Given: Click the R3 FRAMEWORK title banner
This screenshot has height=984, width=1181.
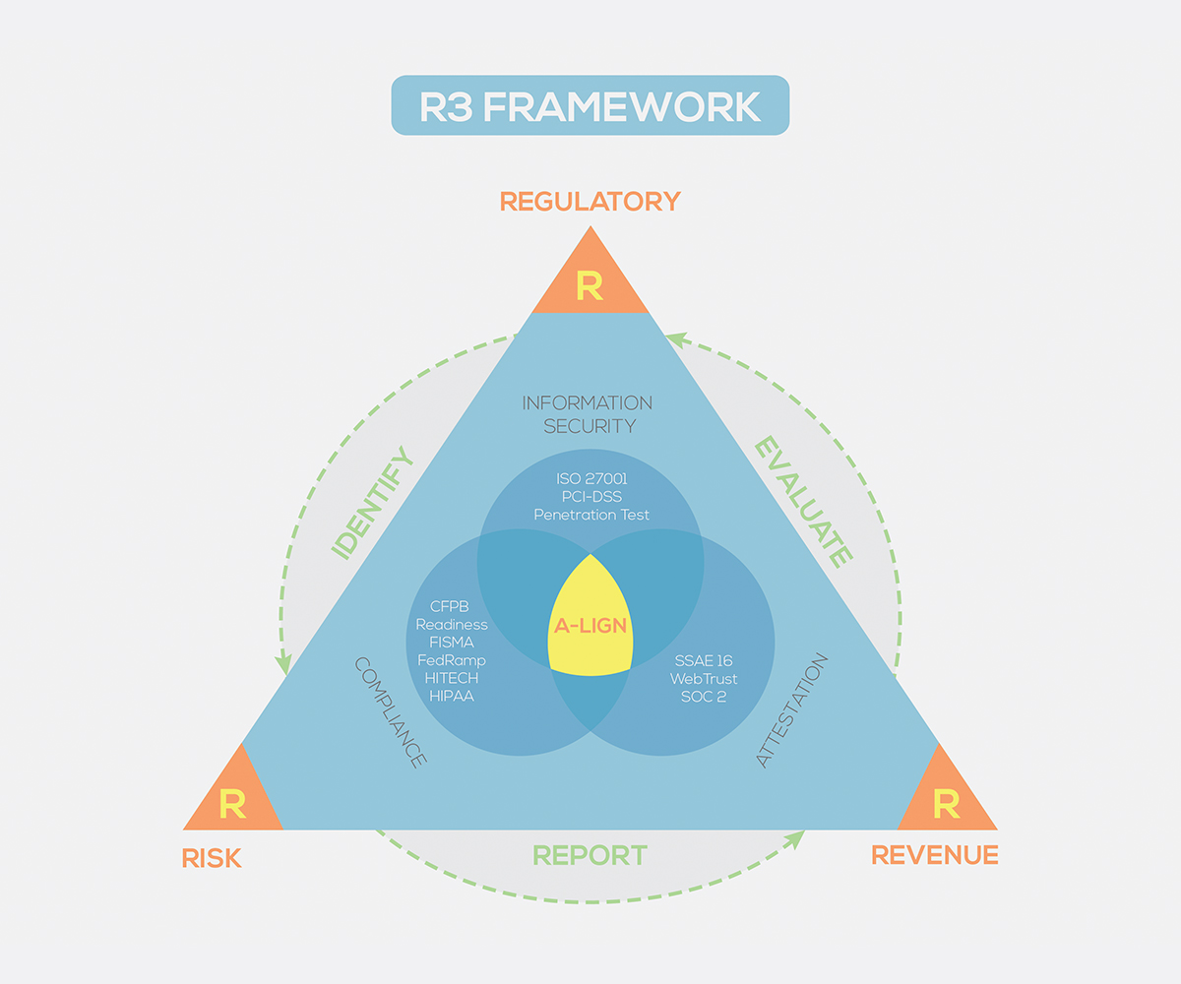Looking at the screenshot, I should coord(590,105).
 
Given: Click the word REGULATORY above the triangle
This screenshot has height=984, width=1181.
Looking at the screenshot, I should coord(590,202).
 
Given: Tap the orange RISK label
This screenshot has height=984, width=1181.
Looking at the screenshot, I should coord(212,858).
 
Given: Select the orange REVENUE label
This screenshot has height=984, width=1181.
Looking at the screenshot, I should coord(935,855).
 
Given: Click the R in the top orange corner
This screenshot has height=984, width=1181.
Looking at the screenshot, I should coord(590,286).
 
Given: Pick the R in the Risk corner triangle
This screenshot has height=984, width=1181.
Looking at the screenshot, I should coord(232,804).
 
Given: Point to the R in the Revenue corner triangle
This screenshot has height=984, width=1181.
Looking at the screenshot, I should coord(946,804).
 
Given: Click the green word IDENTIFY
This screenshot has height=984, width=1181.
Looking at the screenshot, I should coord(372,504).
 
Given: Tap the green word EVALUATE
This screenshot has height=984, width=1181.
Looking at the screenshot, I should coord(802,502).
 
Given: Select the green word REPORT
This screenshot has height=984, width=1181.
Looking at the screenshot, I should coord(590,855).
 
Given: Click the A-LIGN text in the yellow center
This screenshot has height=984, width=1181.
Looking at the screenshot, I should coord(590,625).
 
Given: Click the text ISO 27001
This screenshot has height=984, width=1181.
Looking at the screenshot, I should coord(590,478).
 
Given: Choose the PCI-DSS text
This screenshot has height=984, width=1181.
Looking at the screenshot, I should coord(590,496).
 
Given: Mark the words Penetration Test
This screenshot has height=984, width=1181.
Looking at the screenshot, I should coord(590,514).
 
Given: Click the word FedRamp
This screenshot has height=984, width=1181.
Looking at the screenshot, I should coord(452,660).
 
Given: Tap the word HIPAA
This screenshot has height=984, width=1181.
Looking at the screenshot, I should coord(452,696).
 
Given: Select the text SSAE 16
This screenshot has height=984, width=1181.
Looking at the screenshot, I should coord(704,660).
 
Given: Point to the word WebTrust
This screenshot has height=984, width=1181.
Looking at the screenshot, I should coord(704,678).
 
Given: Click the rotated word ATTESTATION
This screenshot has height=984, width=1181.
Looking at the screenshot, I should coord(792,709).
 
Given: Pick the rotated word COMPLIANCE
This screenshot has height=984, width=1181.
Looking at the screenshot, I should coord(390,712).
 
